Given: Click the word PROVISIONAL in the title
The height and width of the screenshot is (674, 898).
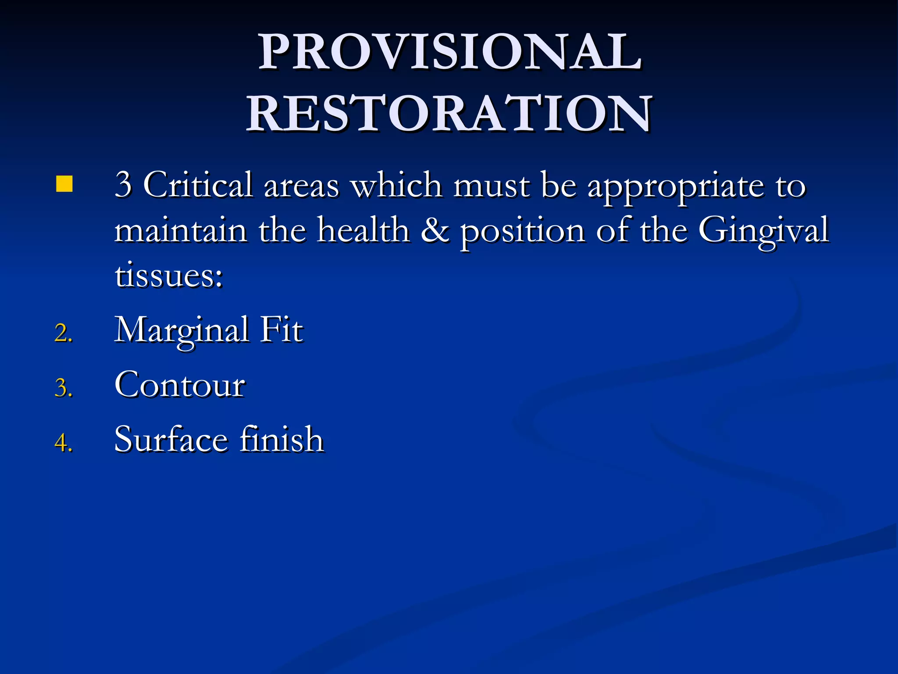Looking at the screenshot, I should [x=450, y=52].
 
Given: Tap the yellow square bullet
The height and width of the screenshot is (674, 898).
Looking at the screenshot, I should [x=64, y=184].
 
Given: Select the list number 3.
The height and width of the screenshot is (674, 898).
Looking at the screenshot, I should [x=63, y=388].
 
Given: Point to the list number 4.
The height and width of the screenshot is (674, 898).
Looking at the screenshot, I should [x=63, y=442].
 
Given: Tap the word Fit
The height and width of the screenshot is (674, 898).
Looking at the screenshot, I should [x=281, y=330].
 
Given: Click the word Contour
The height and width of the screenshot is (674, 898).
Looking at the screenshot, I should [x=180, y=385].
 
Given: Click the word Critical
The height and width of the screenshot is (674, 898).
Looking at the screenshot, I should [x=198, y=185].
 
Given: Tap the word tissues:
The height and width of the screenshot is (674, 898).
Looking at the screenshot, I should [x=169, y=276].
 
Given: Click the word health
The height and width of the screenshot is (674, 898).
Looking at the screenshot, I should [x=363, y=230].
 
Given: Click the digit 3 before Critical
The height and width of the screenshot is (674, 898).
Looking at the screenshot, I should [x=123, y=185].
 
